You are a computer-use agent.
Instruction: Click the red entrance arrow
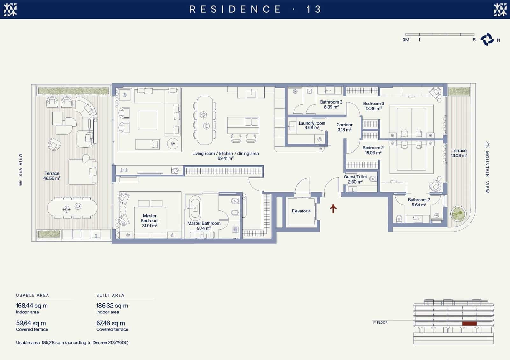click(x=333, y=208)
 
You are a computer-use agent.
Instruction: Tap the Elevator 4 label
click(x=301, y=211)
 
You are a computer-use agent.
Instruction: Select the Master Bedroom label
click(x=149, y=220)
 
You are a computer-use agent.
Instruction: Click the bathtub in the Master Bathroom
click(x=195, y=207)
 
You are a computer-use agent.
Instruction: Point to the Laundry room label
click(x=312, y=126)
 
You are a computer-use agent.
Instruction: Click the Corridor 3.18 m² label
click(x=344, y=127)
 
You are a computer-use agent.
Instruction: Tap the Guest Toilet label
click(x=355, y=179)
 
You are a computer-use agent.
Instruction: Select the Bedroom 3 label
click(x=374, y=106)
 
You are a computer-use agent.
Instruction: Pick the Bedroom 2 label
click(x=373, y=150)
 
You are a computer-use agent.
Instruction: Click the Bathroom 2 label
click(x=419, y=202)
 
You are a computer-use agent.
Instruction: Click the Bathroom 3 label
click(x=331, y=104)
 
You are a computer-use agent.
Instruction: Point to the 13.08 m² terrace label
click(x=459, y=153)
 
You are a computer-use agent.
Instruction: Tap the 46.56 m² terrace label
click(x=52, y=176)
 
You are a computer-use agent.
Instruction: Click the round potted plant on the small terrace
click(x=458, y=214)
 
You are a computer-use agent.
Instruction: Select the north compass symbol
click(x=487, y=40)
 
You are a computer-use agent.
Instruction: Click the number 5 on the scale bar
click(x=474, y=40)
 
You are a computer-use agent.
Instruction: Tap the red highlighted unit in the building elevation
click(x=469, y=324)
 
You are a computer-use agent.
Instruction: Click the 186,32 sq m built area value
click(x=112, y=306)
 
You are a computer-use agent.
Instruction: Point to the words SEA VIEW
click(x=20, y=165)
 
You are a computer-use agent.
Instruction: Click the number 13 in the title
click(x=314, y=9)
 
